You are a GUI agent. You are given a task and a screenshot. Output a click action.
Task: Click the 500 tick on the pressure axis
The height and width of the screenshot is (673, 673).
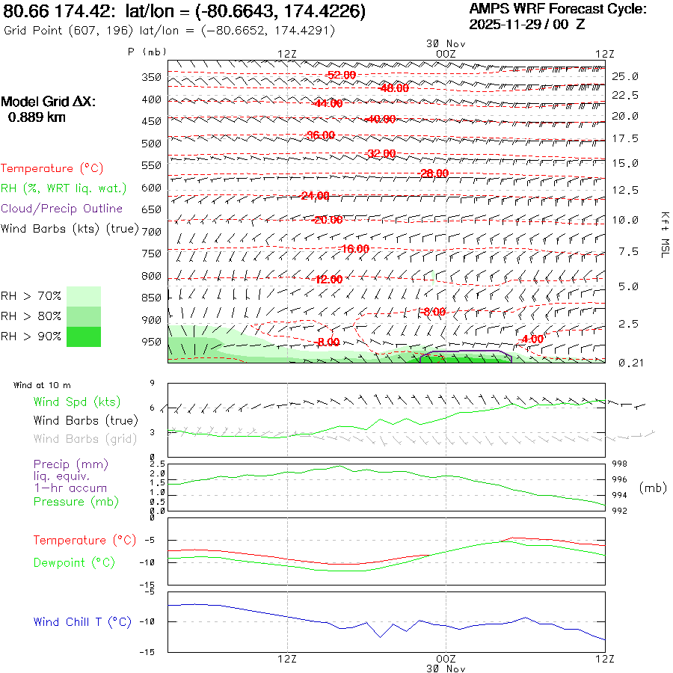click(152, 143)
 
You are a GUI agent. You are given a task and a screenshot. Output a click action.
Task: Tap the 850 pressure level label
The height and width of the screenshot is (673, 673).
click(152, 298)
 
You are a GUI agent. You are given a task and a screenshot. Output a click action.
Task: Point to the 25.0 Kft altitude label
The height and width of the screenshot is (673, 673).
click(625, 76)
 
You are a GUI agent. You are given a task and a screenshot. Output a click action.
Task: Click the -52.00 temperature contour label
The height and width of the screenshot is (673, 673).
click(342, 76)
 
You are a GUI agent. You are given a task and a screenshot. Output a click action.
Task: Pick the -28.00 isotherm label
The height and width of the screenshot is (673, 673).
click(434, 173)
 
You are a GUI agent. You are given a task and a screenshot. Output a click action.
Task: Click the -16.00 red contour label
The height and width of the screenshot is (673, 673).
click(354, 248)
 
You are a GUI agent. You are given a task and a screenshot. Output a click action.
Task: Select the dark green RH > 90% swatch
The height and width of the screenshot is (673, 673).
click(84, 337)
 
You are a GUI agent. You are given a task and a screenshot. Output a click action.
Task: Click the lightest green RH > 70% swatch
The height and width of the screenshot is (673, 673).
click(84, 295)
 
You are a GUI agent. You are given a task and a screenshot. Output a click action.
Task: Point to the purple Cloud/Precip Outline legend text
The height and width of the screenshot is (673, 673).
click(61, 209)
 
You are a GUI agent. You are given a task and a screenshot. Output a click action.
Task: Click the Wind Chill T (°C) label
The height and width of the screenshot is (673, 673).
click(82, 622)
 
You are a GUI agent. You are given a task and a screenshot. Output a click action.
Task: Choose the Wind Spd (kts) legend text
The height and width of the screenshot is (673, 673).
click(77, 402)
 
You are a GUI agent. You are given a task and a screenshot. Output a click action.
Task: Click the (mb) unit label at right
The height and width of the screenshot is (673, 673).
click(653, 488)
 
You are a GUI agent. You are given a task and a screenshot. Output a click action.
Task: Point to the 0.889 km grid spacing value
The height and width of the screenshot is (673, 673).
click(37, 117)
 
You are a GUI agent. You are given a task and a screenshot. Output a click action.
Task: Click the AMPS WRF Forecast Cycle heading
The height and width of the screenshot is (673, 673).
click(557, 9)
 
